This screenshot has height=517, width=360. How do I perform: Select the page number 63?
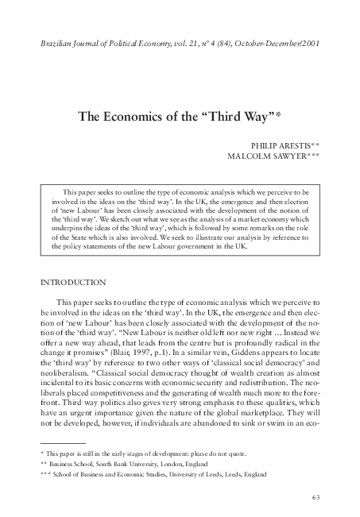point(315,497)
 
